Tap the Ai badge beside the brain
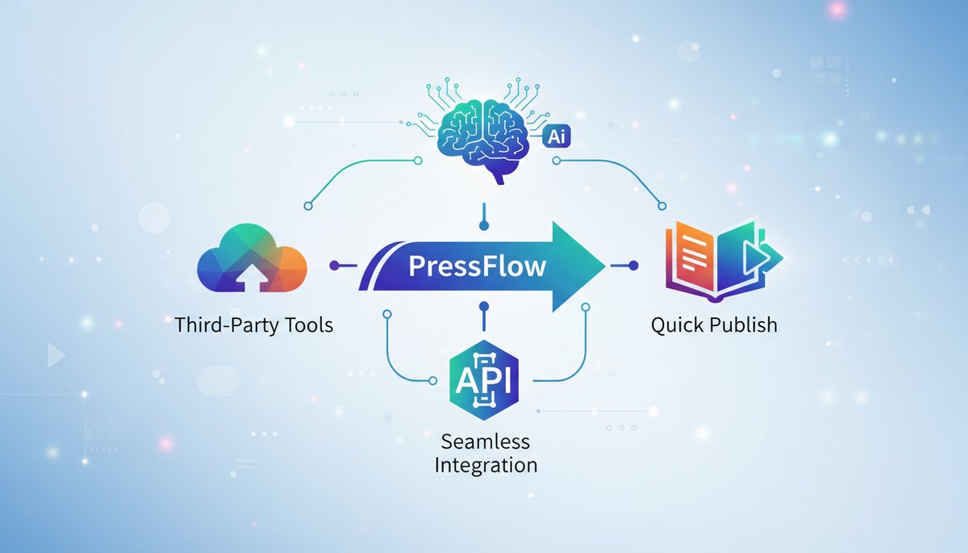pos(557,136)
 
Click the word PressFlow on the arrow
pos(477,266)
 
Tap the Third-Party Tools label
pos(253,326)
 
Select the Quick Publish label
pos(714,325)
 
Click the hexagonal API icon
pos(483,378)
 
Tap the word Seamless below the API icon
pos(485,442)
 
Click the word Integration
pos(486,466)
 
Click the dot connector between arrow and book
pos(632,265)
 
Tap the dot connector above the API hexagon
pos(484,307)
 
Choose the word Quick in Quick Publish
pos(675,325)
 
